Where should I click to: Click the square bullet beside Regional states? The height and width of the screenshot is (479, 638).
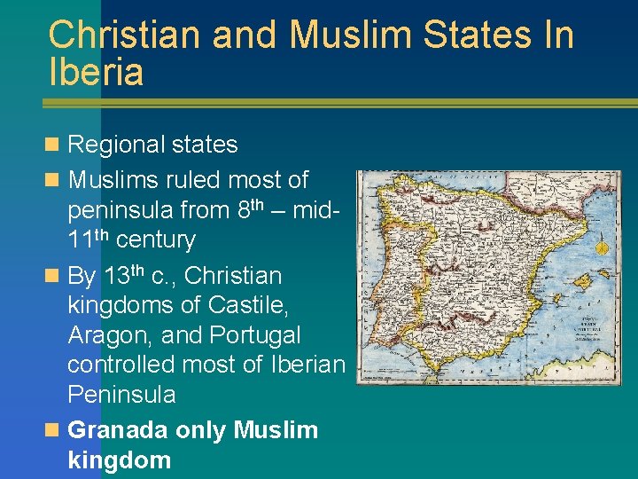(55, 145)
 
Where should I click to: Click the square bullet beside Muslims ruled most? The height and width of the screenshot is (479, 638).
(55, 180)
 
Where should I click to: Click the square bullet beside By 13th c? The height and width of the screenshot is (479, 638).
(55, 277)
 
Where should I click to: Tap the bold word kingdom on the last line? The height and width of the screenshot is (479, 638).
(119, 460)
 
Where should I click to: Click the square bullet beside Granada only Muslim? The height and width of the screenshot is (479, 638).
(55, 430)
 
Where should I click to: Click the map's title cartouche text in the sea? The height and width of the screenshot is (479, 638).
(587, 326)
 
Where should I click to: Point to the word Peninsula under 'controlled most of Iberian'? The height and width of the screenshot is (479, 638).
(121, 394)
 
